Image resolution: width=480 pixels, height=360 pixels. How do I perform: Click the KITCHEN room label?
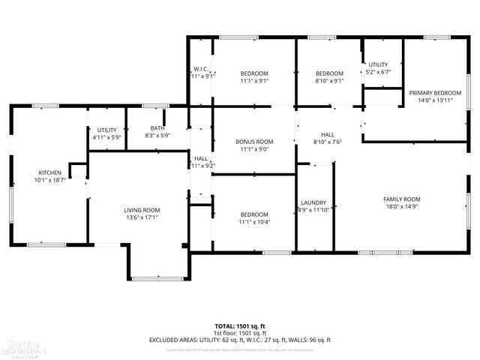coord(50,172)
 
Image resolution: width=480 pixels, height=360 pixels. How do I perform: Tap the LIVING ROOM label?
coord(142,210)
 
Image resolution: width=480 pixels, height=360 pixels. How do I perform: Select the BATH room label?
coord(157,128)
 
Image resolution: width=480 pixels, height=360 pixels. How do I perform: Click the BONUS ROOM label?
coord(254,141)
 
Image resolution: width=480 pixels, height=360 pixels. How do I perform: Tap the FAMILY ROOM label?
coord(401,199)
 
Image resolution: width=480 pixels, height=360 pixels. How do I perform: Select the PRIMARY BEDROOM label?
coord(435,92)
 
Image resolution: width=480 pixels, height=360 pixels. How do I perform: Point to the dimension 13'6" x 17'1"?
coord(142,217)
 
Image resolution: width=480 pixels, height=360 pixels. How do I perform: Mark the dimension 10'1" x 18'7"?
coord(50,180)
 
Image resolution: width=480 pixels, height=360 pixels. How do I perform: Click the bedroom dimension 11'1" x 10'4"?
coord(254,222)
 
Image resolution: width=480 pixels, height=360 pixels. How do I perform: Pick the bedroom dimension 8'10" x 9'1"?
coord(328,81)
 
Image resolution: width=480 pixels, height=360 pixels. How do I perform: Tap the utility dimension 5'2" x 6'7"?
coord(378,73)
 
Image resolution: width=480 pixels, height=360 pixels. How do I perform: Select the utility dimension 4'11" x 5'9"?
coord(106,138)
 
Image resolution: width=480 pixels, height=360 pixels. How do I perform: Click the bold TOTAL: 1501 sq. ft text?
coord(240,326)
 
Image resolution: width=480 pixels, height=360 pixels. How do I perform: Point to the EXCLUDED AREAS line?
coord(240,340)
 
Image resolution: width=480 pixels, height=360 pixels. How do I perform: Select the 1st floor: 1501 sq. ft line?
coord(240,333)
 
